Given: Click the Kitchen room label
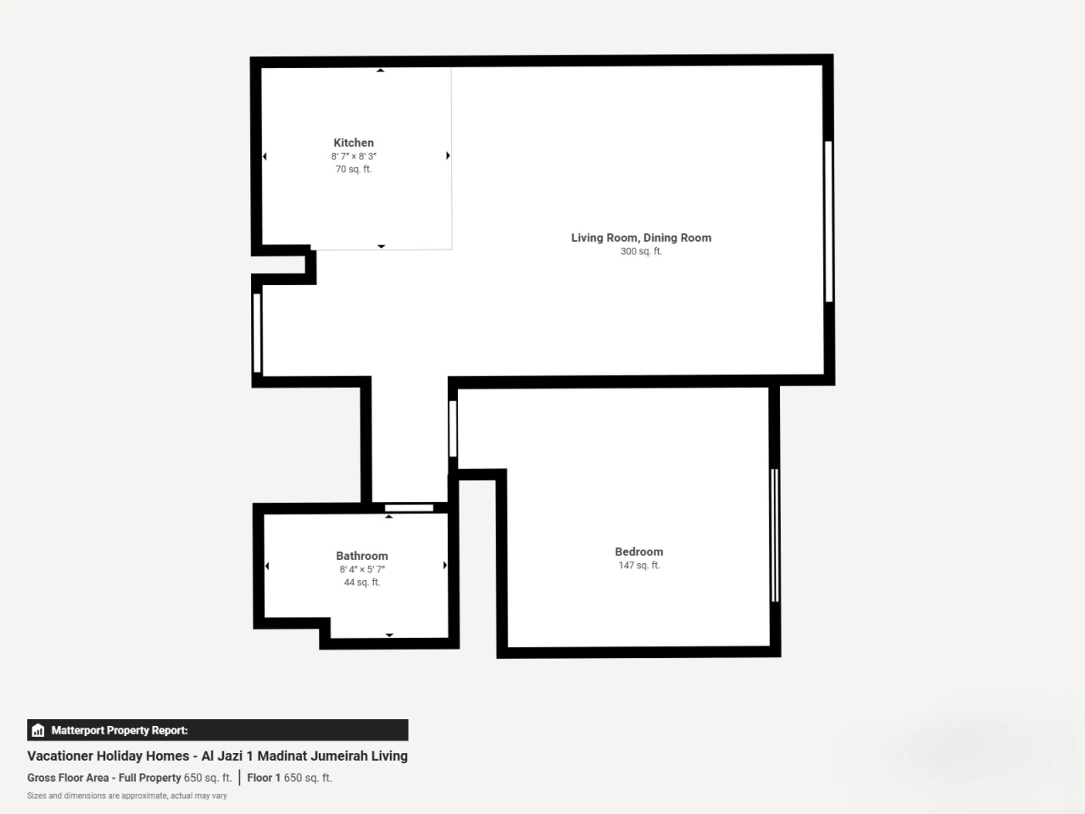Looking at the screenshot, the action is (353, 143).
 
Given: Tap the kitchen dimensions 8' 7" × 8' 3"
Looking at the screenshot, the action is (353, 156).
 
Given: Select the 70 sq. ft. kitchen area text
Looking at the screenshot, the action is (353, 169).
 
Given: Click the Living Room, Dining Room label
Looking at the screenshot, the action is (641, 238).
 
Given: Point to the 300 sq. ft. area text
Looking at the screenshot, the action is (641, 251).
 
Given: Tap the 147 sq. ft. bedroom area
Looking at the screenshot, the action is (639, 565).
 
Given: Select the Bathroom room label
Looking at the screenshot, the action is (361, 556).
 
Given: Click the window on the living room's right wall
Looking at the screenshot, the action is (828, 221).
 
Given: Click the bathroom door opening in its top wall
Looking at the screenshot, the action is (409, 508).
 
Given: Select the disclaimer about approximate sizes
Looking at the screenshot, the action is (127, 795).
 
